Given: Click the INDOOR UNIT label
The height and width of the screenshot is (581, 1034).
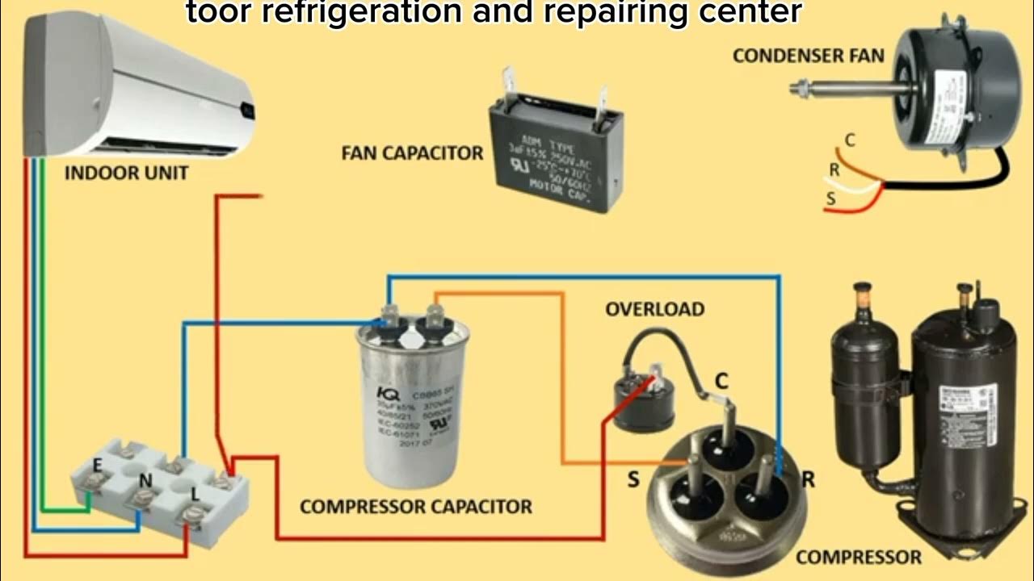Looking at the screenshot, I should (x=126, y=173).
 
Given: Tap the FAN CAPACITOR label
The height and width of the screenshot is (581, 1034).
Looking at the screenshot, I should (x=412, y=153).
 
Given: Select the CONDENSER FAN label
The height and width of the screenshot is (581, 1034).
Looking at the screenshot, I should (x=808, y=56).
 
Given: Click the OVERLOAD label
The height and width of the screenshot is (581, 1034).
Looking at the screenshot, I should (x=654, y=309).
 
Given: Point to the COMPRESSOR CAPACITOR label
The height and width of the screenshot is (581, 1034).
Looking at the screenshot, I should (x=416, y=507).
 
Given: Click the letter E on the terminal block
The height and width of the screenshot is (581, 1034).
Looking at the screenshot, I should (x=98, y=465).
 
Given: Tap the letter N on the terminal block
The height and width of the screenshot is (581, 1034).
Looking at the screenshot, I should (x=145, y=480).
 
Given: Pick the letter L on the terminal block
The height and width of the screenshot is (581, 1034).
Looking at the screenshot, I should (x=194, y=492).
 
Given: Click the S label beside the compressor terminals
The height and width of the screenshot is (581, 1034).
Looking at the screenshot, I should (x=633, y=479).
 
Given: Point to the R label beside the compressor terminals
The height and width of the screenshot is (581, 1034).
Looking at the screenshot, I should (x=808, y=479).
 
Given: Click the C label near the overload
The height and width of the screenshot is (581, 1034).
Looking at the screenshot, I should (x=721, y=381).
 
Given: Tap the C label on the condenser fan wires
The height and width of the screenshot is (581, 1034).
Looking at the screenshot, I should (x=849, y=140).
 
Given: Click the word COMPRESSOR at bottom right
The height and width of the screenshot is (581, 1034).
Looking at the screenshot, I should (x=858, y=557).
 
